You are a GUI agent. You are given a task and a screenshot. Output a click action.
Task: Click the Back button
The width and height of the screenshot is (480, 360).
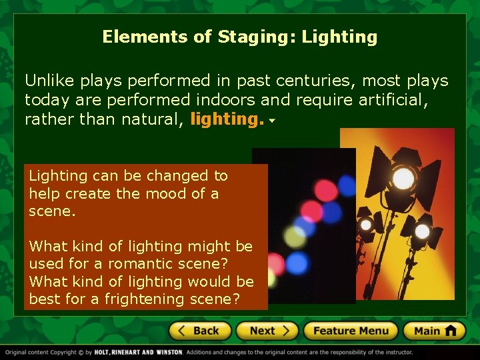pos(200,331)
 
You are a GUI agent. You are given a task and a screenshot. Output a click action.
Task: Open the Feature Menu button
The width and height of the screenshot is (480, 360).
pos(351,331)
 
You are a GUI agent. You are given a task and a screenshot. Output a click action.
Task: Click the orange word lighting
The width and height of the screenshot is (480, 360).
pos(227,119)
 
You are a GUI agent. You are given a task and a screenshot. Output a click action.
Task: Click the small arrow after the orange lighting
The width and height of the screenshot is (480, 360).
pos(273,122)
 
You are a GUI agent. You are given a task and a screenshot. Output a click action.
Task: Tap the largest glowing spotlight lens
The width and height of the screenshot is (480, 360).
pos(403,178)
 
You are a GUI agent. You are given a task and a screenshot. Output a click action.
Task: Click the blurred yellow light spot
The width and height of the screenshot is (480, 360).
pos(294,235)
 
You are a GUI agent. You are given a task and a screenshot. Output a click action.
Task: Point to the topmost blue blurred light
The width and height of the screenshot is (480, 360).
pos(346,185)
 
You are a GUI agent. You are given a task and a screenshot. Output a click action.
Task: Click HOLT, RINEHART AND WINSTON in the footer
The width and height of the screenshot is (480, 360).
pos(138,352)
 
